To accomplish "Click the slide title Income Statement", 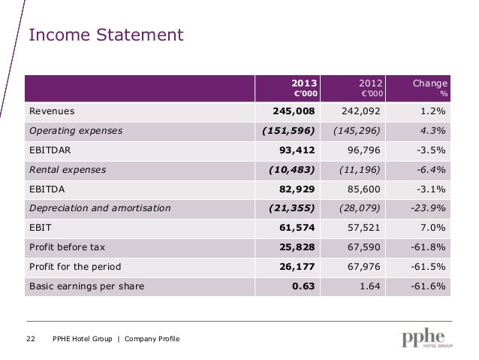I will point(106,35).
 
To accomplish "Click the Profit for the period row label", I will point(74,267).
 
